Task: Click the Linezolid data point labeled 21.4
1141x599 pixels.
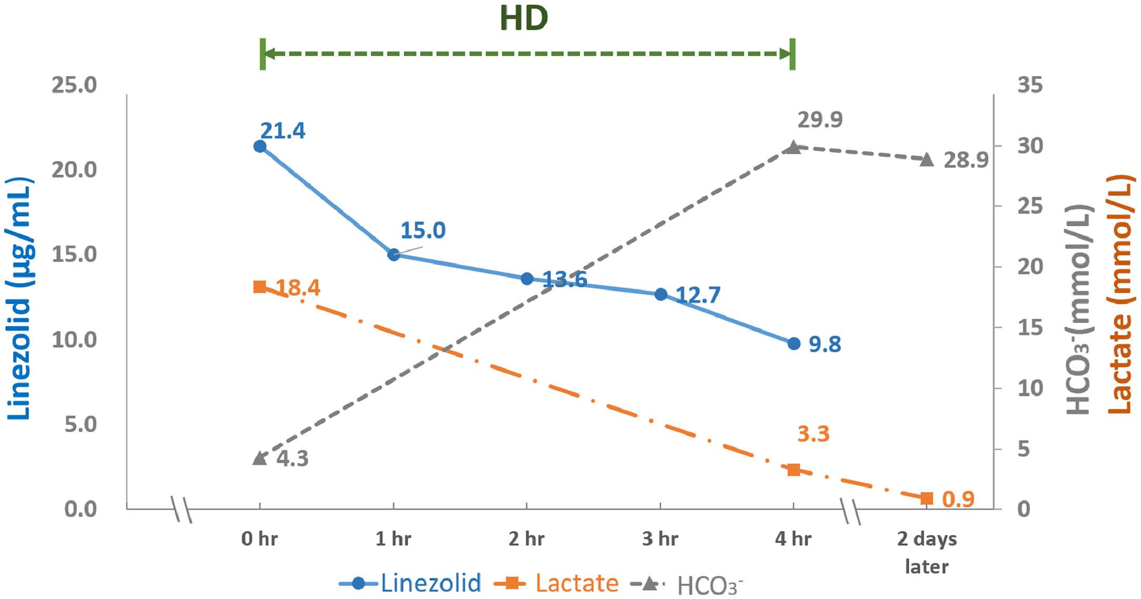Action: [x=260, y=146]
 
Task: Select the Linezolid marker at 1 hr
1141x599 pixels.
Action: [x=393, y=255]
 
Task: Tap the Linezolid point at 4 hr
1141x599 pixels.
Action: [x=793, y=344]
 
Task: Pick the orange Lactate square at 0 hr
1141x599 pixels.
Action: [x=260, y=287]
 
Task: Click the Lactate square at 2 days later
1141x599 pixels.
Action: [x=927, y=498]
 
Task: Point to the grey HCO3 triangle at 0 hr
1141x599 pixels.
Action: [x=260, y=458]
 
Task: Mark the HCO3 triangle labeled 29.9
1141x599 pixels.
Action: [x=793, y=147]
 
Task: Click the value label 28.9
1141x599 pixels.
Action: [x=966, y=159]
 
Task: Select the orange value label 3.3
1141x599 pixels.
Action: [x=813, y=434]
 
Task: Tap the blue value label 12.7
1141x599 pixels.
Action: [x=698, y=295]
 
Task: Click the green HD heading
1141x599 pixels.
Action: [x=524, y=18]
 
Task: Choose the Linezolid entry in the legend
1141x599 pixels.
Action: [x=410, y=583]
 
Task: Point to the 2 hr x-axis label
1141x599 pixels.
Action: [x=527, y=539]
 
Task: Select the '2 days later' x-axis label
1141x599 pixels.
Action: [x=927, y=552]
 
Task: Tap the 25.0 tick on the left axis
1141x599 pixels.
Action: [x=74, y=85]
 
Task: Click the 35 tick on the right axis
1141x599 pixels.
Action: [x=1029, y=85]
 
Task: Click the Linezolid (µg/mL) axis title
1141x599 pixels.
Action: [x=20, y=298]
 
